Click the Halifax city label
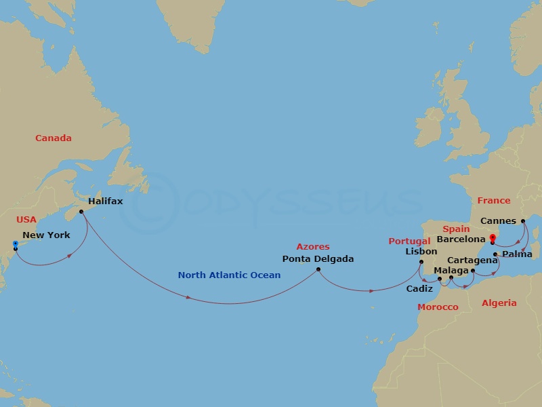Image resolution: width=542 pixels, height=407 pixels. tap(105, 201)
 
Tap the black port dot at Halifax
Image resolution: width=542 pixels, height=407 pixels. tap(81, 212)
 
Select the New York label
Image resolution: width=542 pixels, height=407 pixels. tap(46, 235)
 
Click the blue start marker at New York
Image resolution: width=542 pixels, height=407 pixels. tap(15, 244)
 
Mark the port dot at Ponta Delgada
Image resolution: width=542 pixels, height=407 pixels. tap(318, 269)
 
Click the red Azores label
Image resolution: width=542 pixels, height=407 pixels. tap(313, 247)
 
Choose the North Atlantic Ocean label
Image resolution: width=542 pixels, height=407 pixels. tap(229, 275)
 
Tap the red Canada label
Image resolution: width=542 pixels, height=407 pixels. tap(54, 138)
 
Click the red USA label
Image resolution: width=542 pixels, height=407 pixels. tap(27, 220)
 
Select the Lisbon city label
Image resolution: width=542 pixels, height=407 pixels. tap(421, 252)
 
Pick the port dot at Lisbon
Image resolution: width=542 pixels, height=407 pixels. tap(421, 263)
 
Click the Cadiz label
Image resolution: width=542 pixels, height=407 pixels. tap(419, 288)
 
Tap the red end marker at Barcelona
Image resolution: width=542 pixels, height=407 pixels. tap(493, 237)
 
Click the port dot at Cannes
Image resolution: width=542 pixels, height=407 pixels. tap(524, 220)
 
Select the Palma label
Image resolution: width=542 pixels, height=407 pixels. tap(518, 254)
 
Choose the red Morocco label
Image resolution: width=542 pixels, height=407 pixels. tap(438, 307)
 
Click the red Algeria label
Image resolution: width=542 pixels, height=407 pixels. tap(499, 303)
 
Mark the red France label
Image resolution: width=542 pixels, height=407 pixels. tap(493, 201)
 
